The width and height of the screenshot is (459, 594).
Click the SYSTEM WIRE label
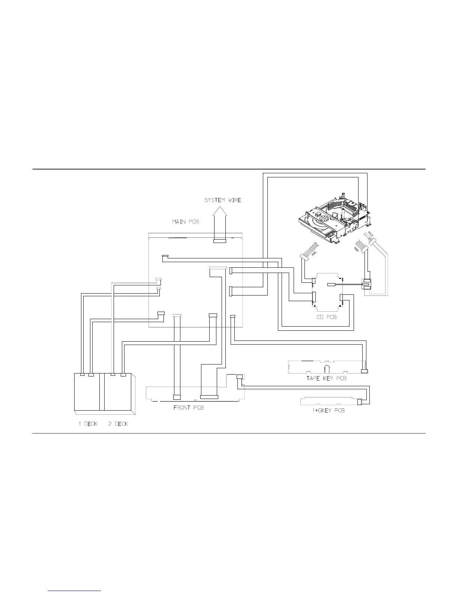coord(222,200)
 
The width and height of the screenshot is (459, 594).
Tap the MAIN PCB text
coord(185,222)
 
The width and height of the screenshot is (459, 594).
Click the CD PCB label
coord(326,317)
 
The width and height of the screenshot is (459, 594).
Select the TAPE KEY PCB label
coord(326,378)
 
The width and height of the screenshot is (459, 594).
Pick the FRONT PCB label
coord(188,408)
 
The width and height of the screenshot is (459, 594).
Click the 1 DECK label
coord(88,424)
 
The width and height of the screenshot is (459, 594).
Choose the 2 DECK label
coord(118,424)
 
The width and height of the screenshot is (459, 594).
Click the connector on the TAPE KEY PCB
coord(364,371)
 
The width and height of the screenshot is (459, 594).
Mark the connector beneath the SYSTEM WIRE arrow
coord(220,241)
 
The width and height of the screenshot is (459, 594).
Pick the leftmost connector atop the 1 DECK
coord(82,374)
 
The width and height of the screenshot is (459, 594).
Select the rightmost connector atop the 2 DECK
coord(123,374)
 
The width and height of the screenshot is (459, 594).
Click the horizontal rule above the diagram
coord(229,169)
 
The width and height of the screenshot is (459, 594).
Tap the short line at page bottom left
coord(75,591)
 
